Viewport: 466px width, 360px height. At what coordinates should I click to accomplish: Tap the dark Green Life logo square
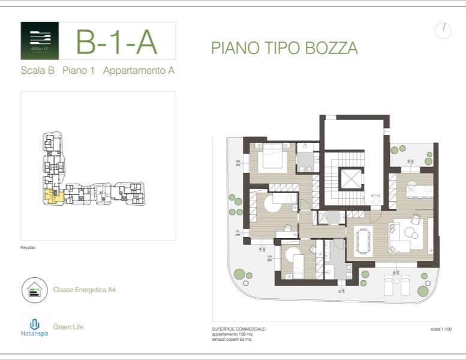pos(40,41)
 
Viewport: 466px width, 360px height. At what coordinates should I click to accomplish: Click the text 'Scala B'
pos(37,71)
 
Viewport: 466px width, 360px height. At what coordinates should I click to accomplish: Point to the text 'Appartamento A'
pos(139,71)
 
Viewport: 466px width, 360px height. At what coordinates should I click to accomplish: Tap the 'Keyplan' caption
pos(28,247)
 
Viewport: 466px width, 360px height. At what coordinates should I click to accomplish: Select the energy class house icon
pos(34,290)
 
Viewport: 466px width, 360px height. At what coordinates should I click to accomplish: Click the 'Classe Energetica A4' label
pos(84,290)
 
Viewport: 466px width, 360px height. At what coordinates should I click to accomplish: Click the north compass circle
pos(443,31)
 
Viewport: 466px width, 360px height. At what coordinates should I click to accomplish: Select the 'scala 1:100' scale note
pos(441,329)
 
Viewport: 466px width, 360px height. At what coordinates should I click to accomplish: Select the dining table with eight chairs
pos(363,239)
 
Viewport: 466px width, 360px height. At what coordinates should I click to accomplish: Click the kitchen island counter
pos(419,190)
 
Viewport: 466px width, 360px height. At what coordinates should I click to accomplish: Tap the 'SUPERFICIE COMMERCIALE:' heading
pos(239,329)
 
